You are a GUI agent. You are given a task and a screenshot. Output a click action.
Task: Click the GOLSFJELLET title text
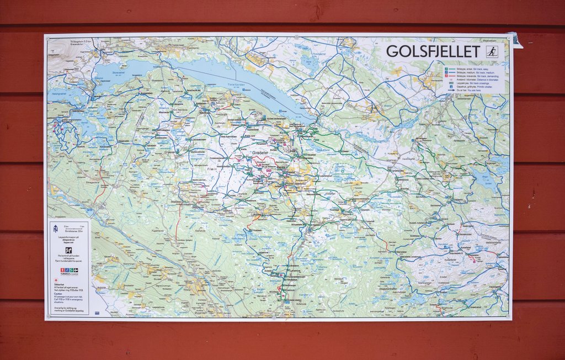click(433, 51)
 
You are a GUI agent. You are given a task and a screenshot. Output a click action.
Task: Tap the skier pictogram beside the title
click(491, 51)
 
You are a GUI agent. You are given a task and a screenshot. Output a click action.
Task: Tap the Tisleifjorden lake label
click(236, 84)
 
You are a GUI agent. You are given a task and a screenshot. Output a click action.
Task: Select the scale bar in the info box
click(73, 229)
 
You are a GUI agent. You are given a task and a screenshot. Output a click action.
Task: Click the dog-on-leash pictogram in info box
click(68, 250)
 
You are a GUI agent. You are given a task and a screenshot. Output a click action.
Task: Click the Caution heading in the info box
click(59, 294)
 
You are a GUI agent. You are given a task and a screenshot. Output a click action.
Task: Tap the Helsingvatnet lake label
click(58, 93)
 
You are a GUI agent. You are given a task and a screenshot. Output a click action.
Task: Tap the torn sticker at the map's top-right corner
click(515, 40)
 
